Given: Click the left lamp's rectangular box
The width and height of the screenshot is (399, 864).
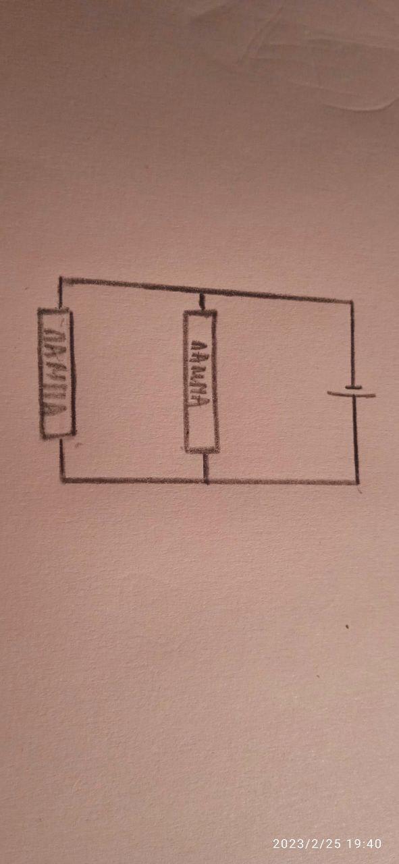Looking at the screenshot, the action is point(40,373).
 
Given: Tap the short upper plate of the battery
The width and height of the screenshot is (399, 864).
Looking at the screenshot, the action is point(353,387).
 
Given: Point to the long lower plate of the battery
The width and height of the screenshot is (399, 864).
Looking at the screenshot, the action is point(351,394).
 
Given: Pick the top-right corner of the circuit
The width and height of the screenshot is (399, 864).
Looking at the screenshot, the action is point(351,301).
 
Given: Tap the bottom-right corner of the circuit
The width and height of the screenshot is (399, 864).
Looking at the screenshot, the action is point(357,482).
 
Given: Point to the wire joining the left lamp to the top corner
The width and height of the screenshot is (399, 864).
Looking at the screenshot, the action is point(60,293).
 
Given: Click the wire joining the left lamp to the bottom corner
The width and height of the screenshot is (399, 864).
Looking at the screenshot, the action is point(61,459).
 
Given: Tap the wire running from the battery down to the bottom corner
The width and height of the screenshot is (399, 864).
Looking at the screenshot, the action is point(356,439).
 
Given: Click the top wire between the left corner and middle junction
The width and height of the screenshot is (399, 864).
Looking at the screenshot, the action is point(130,285).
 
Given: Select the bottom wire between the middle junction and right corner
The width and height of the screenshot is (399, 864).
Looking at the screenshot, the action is point(282,482).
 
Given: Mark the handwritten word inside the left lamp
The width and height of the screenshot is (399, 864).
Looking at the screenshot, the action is point(55,371).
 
